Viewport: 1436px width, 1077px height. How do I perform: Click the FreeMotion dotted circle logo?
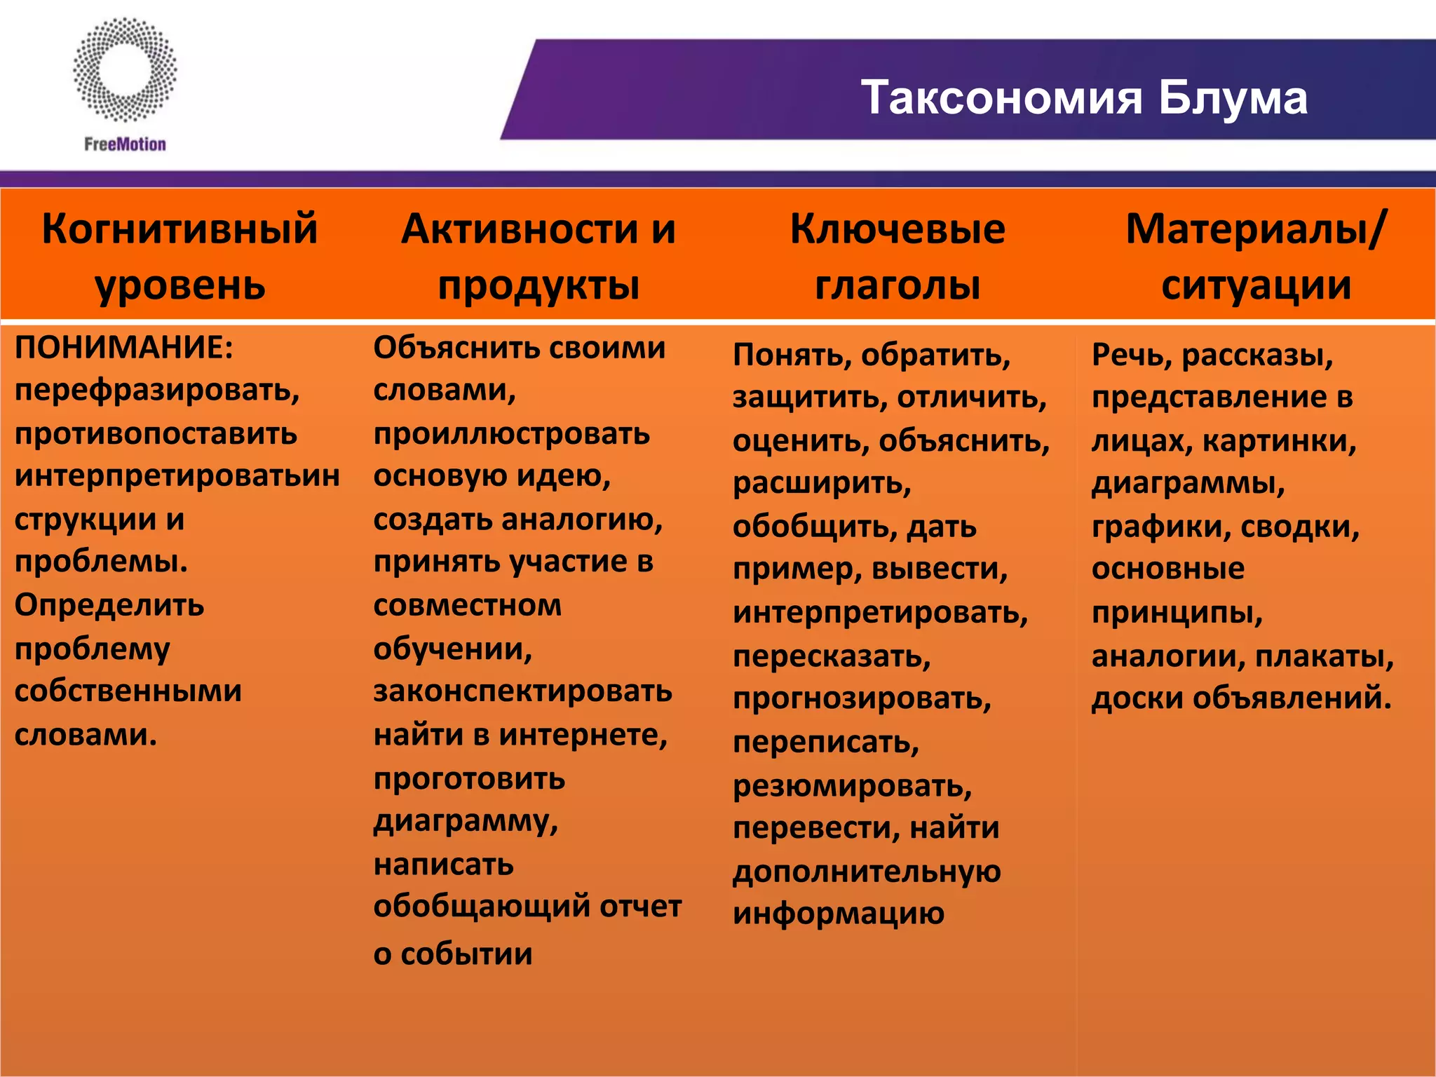[x=125, y=70]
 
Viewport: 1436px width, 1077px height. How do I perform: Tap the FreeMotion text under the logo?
[x=125, y=144]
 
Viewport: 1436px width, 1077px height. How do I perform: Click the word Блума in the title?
[x=1232, y=97]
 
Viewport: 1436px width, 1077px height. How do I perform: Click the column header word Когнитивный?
[x=179, y=229]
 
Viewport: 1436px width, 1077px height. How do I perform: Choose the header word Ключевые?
[x=897, y=229]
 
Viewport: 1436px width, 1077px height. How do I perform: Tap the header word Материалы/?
[x=1256, y=229]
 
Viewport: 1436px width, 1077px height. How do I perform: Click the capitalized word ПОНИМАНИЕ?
[x=123, y=348]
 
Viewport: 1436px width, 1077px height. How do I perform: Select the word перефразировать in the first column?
[x=156, y=390]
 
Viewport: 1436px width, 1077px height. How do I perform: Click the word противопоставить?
[x=156, y=433]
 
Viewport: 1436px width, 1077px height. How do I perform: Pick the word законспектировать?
[x=522, y=691]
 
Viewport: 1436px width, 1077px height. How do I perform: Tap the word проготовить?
[x=469, y=778]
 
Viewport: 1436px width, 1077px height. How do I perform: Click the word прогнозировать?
[x=862, y=699]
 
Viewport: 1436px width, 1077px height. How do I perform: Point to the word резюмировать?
[x=852, y=785]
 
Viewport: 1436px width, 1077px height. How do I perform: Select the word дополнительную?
[x=867, y=872]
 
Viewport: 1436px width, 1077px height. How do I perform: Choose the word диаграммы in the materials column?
[x=1188, y=483]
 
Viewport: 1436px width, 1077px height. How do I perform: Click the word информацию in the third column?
[x=839, y=914]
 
